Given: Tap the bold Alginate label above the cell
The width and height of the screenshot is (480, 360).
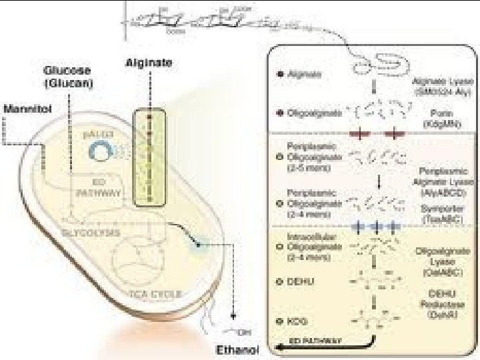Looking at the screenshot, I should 149,63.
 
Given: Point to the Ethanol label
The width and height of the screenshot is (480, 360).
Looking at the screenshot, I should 236,349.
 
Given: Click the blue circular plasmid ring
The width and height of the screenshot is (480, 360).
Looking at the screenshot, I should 101,154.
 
